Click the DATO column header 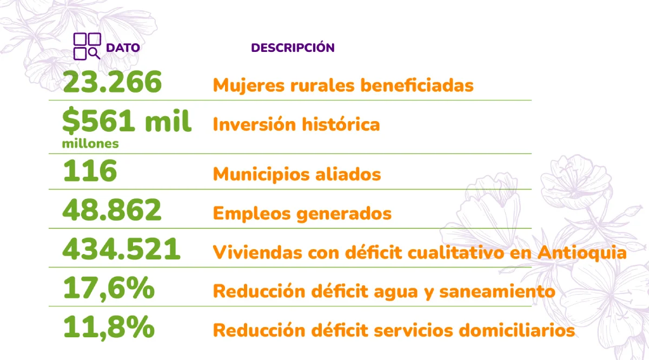pos(123,48)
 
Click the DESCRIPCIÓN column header pos(293,47)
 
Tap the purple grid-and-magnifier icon pos(87,46)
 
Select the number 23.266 pos(112,82)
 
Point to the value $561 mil pos(127,121)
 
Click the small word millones pos(90,143)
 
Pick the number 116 pos(90,171)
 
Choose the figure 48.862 pos(112,210)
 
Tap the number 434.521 pos(121,249)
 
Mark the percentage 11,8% pos(109,328)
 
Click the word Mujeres pos(249,86)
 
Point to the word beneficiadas pos(417,85)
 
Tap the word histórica pos(341,124)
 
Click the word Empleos pos(252,214)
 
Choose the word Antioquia pos(582,252)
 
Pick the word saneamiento pos(497,291)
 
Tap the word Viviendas pos(257,252)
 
